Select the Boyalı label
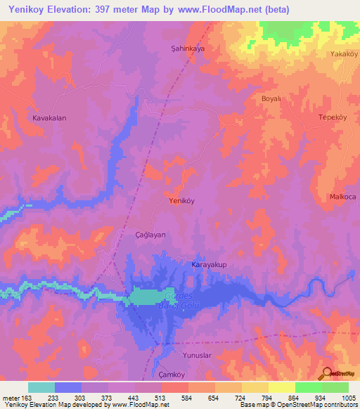point(271,100)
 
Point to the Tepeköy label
point(334,117)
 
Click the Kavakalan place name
point(49,118)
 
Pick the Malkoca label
point(343,197)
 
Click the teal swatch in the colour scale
point(41,387)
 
